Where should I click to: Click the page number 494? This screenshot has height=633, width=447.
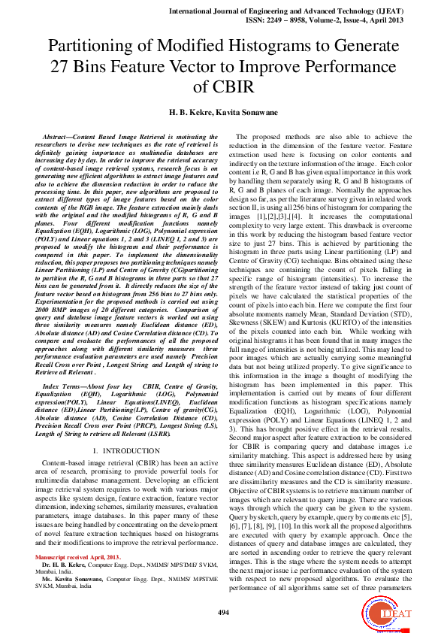pos(223,613)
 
